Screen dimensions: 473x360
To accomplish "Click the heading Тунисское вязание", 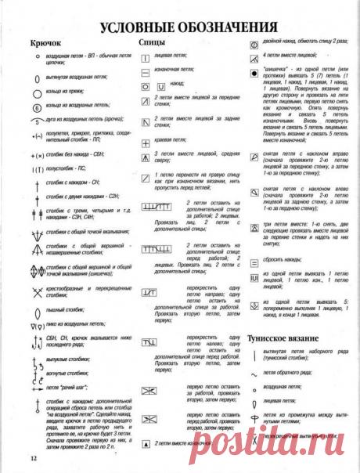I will pos(284,330).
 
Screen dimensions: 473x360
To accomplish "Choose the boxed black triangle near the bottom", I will pos(146,443).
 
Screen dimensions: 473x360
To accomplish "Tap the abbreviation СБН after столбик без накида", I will pos(101,155).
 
